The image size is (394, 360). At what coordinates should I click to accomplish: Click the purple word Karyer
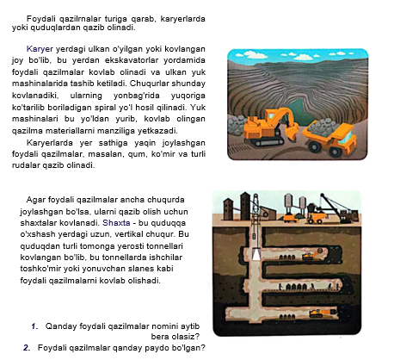[40, 49]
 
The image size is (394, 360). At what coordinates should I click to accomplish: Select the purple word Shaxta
[116, 223]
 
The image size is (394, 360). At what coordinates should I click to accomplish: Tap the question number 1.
[34, 326]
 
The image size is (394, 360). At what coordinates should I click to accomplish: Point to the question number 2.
[27, 348]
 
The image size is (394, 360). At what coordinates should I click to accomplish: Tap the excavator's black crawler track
[267, 141]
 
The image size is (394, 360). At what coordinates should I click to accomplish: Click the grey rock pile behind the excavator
[237, 126]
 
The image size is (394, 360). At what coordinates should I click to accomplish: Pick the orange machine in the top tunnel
[312, 255]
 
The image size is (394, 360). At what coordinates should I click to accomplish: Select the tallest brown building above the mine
[245, 206]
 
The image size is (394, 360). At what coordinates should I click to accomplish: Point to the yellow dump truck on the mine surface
[317, 218]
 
